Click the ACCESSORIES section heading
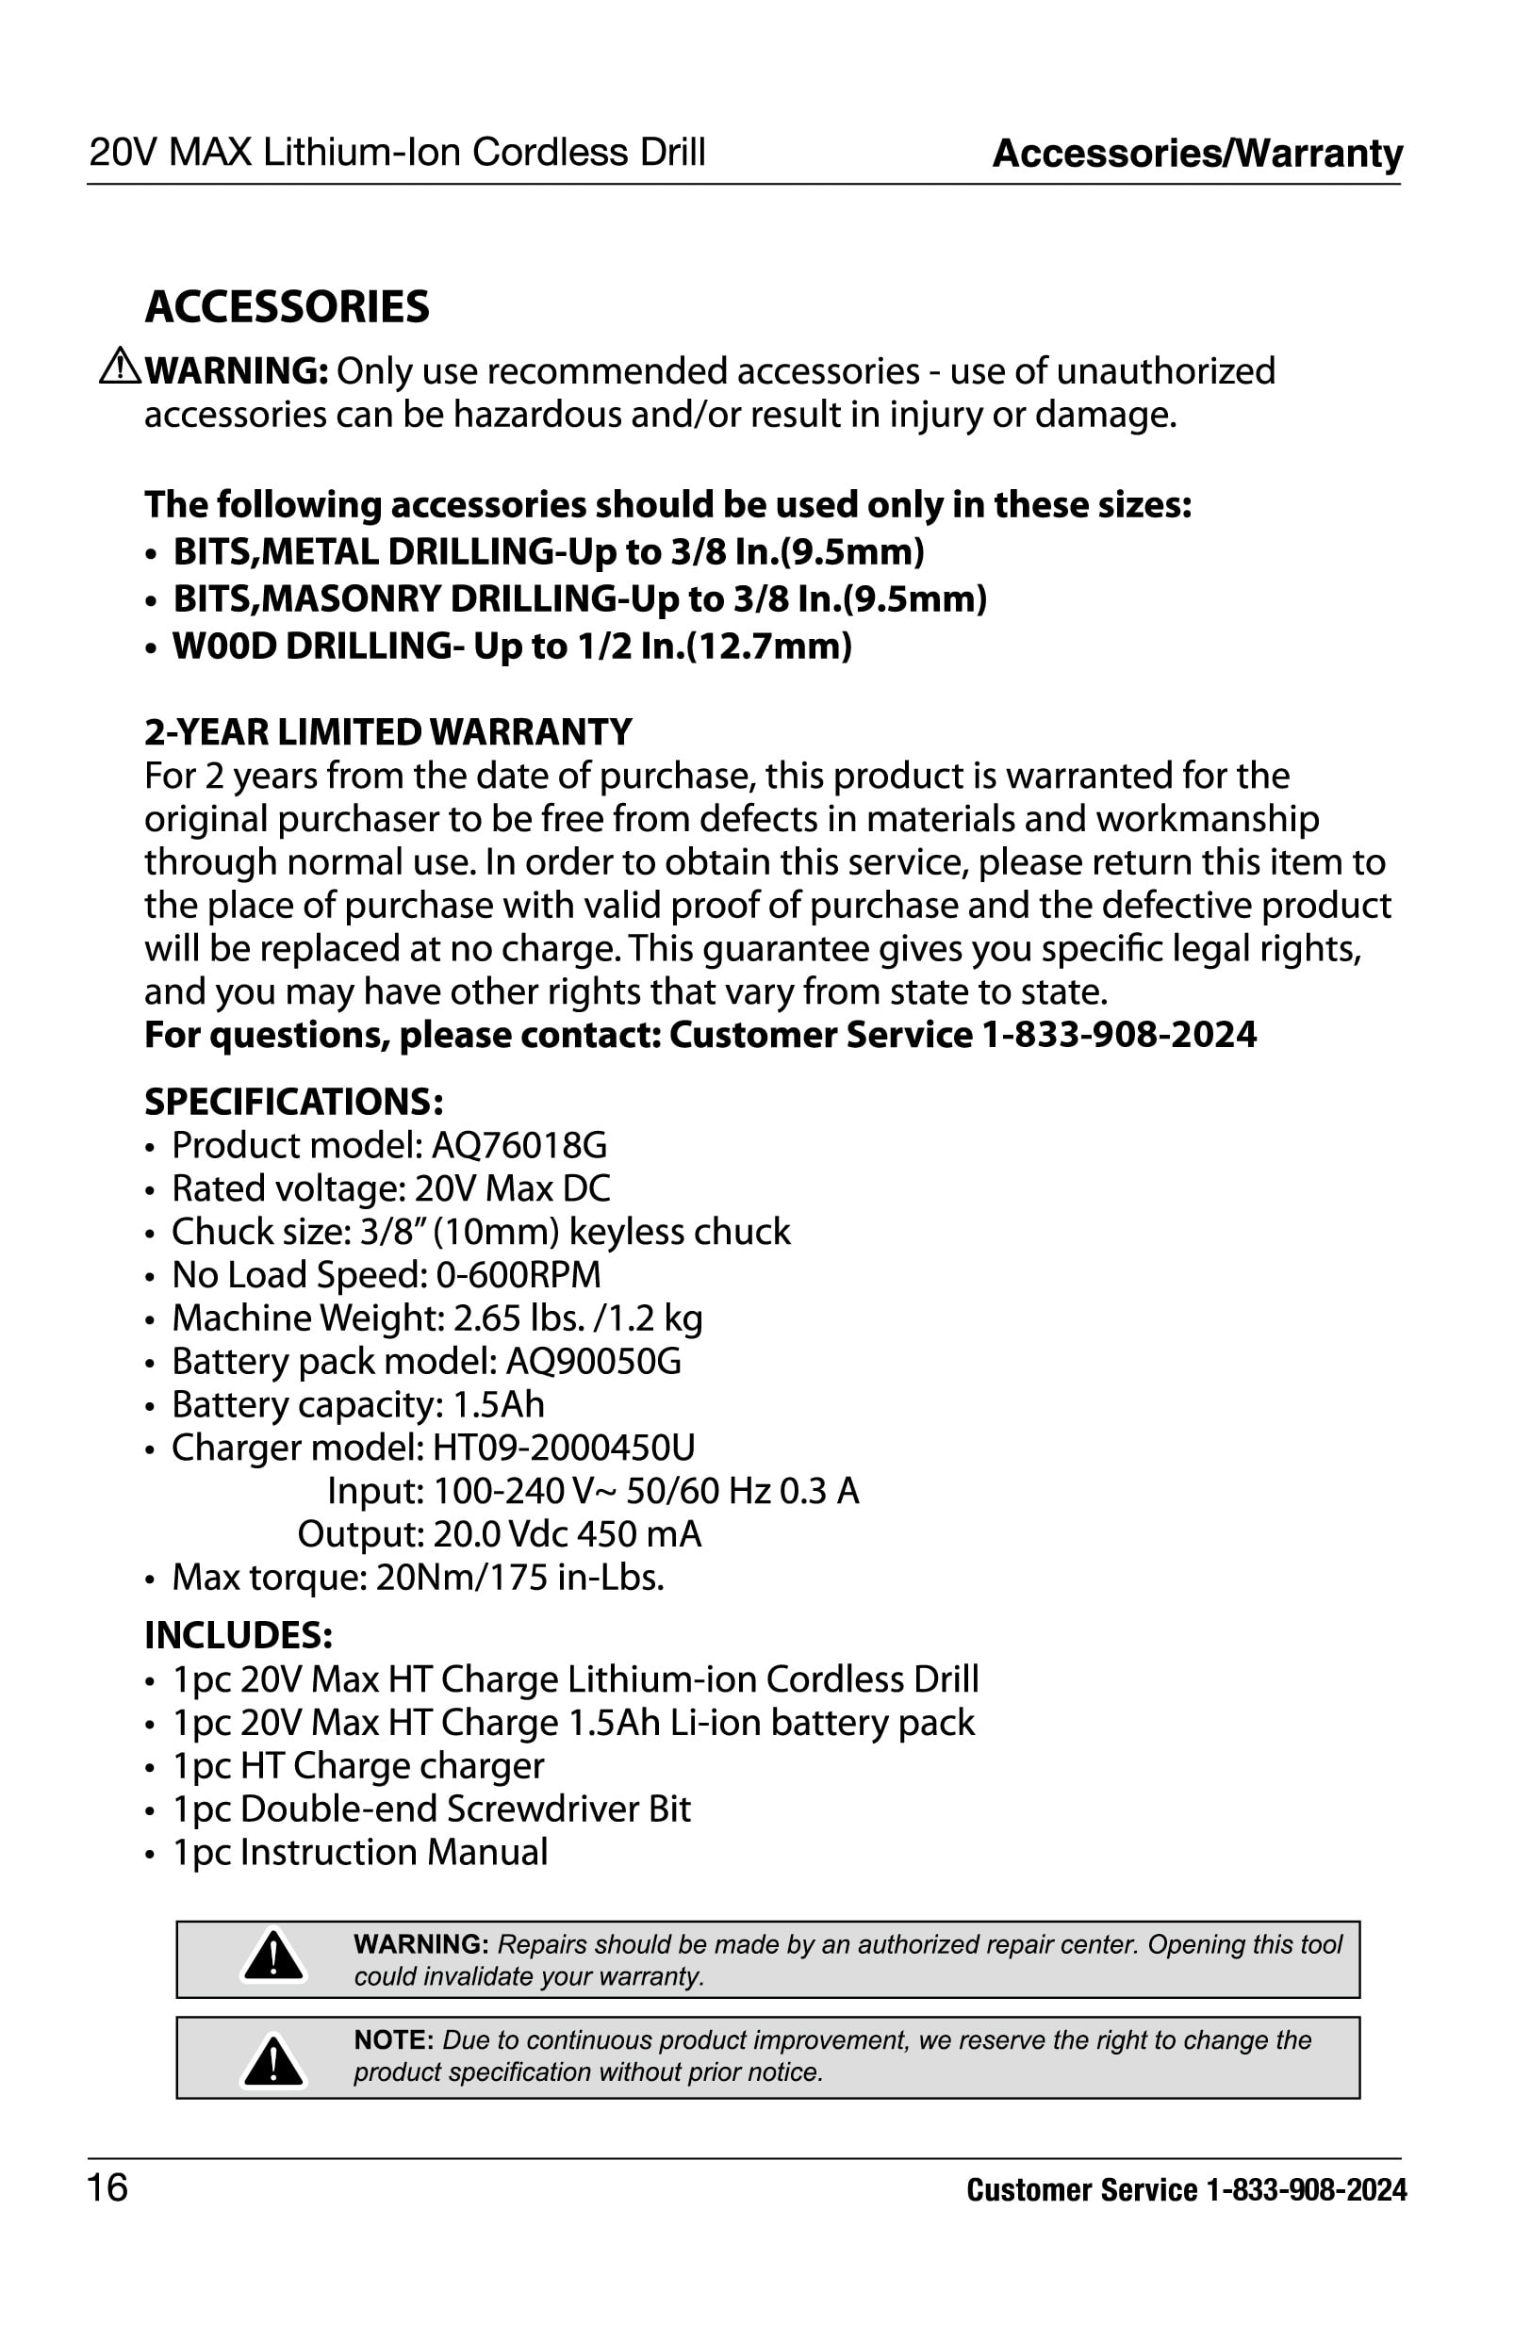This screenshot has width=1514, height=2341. [x=288, y=307]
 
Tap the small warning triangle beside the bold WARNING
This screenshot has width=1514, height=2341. [x=120, y=366]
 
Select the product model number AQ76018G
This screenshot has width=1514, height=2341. [x=519, y=1146]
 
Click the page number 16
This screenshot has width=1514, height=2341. [x=108, y=2187]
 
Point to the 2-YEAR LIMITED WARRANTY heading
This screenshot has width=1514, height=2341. [x=388, y=732]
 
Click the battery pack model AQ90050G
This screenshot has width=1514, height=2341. [x=593, y=1362]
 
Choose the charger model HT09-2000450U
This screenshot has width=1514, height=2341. [x=564, y=1449]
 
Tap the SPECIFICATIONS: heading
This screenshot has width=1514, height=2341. [x=294, y=1103]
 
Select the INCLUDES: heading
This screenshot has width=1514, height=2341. [x=239, y=1635]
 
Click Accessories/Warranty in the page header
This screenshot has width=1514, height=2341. [x=1197, y=154]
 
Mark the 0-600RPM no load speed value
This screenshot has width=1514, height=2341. [x=518, y=1276]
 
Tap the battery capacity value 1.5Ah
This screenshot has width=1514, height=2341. [x=499, y=1405]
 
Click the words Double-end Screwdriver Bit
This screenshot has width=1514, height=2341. [x=465, y=1809]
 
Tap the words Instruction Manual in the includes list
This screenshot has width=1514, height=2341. [x=393, y=1853]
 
